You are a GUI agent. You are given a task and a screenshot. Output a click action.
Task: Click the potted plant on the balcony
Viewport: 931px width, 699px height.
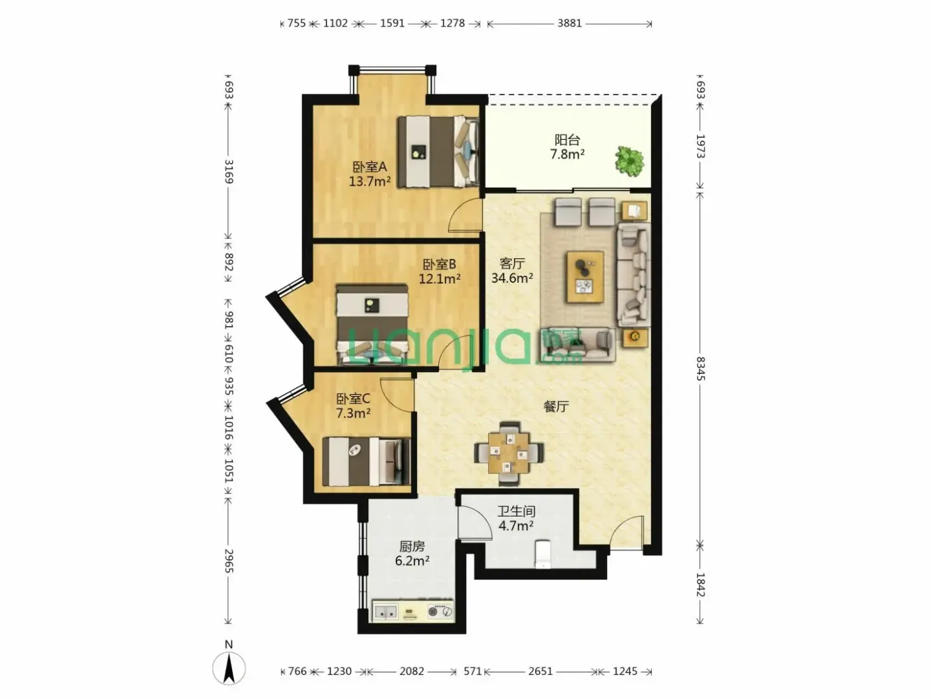630,161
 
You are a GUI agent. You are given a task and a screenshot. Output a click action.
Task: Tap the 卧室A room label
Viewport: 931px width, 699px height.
370,167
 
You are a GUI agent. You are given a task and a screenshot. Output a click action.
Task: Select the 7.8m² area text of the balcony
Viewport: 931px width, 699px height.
567,154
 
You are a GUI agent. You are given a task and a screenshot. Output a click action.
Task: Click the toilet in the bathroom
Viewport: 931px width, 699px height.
543,553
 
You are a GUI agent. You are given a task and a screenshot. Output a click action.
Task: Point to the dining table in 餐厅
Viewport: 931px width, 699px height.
509,453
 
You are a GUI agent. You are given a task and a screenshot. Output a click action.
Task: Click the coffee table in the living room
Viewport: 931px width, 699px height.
585,277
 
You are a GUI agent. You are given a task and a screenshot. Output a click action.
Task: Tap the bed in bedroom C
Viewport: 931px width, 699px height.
366,461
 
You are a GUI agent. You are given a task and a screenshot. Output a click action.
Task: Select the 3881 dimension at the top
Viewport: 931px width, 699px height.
570,23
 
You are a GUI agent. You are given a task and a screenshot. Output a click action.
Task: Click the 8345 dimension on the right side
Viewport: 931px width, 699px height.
701,368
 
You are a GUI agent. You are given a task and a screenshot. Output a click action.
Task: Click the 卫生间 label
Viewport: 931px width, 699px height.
516,511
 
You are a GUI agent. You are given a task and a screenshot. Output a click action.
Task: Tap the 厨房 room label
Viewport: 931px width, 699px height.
412,546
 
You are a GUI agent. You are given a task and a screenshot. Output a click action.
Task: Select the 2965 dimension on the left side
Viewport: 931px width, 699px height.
229,561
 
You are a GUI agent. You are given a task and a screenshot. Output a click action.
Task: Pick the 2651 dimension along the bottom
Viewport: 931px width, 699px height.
541,671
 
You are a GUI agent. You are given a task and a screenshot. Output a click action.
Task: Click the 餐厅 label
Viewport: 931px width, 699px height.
556,407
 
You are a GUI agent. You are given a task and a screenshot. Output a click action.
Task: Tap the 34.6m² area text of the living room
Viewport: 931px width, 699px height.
512,278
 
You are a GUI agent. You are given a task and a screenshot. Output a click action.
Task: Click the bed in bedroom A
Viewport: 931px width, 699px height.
438,152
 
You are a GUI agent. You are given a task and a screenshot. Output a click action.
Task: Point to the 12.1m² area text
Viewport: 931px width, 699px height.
440,279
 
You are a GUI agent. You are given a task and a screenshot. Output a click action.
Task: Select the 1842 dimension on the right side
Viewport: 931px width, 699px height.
701,585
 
